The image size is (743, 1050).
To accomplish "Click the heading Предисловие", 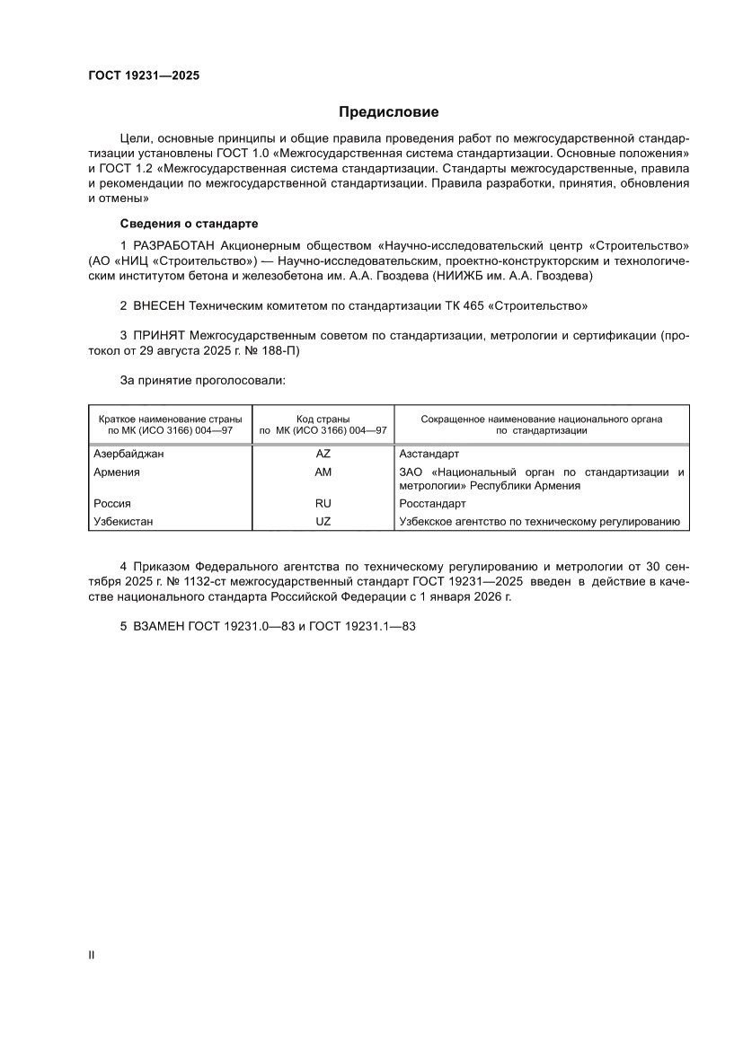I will click(388, 112).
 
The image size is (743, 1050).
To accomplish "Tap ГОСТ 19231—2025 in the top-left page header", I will click(144, 75).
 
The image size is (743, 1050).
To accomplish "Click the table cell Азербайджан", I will click(128, 454).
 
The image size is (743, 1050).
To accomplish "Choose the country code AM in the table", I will click(323, 472).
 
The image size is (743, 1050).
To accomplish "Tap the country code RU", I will click(323, 504).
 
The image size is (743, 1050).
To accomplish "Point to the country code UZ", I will click(323, 521).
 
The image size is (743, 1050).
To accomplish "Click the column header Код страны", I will click(323, 419).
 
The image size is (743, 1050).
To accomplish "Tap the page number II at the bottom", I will click(91, 955).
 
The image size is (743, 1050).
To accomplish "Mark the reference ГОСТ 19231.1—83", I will click(362, 626).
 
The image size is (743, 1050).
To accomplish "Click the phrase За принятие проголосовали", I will click(202, 381).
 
